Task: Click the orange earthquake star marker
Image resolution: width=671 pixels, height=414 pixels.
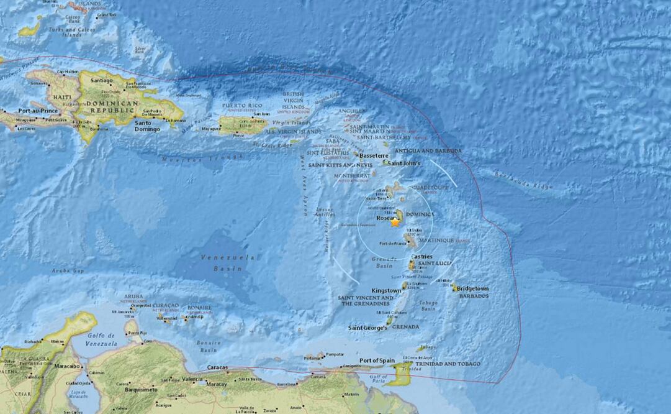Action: (x=395, y=222)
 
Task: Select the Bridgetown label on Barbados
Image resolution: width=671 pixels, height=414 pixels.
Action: (x=474, y=289)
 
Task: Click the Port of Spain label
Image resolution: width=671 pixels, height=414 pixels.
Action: (x=378, y=361)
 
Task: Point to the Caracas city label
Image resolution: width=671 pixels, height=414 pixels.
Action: (x=218, y=367)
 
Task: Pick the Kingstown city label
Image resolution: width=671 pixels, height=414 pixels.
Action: (x=386, y=290)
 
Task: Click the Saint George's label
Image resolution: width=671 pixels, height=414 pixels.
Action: (x=367, y=328)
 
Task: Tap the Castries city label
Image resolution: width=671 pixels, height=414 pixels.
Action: (x=421, y=256)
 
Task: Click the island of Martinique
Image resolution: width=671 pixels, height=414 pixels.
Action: (x=410, y=239)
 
